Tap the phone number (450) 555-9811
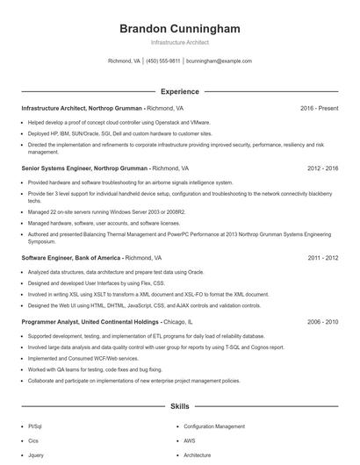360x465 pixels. [162, 61]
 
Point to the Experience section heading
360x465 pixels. [179, 90]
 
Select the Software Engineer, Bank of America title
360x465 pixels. [71, 258]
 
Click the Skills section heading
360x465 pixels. [179, 406]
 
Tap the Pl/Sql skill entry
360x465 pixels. [36, 425]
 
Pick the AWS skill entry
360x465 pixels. [191, 440]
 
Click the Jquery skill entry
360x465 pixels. [37, 455]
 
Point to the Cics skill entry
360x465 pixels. [34, 440]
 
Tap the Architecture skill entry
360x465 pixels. [198, 455]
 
